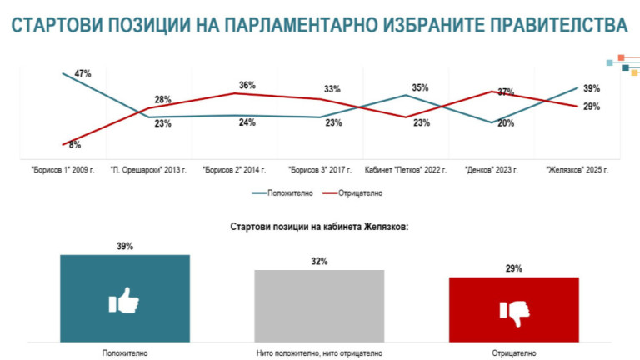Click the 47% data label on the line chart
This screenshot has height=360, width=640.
click(82, 74)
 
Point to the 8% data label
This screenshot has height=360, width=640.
click(74, 145)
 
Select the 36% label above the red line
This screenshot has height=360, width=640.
click(247, 86)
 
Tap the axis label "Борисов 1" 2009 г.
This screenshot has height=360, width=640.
click(62, 170)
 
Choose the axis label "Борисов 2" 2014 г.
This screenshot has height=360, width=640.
click(234, 170)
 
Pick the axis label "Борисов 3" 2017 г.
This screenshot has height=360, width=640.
click(321, 170)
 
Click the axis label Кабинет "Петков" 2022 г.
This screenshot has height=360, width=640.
click(407, 170)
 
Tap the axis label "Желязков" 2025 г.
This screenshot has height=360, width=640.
click(577, 170)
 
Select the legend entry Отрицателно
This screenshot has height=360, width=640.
click(357, 193)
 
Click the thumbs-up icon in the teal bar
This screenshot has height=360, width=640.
click(124, 301)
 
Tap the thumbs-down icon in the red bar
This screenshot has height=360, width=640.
click(514, 311)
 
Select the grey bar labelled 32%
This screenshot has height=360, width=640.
click(319, 305)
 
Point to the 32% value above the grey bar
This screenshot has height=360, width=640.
click(319, 262)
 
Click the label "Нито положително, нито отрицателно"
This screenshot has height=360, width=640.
click(319, 352)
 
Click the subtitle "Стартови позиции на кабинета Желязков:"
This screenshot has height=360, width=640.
click(319, 227)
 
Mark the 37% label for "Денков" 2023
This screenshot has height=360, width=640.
click(506, 92)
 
